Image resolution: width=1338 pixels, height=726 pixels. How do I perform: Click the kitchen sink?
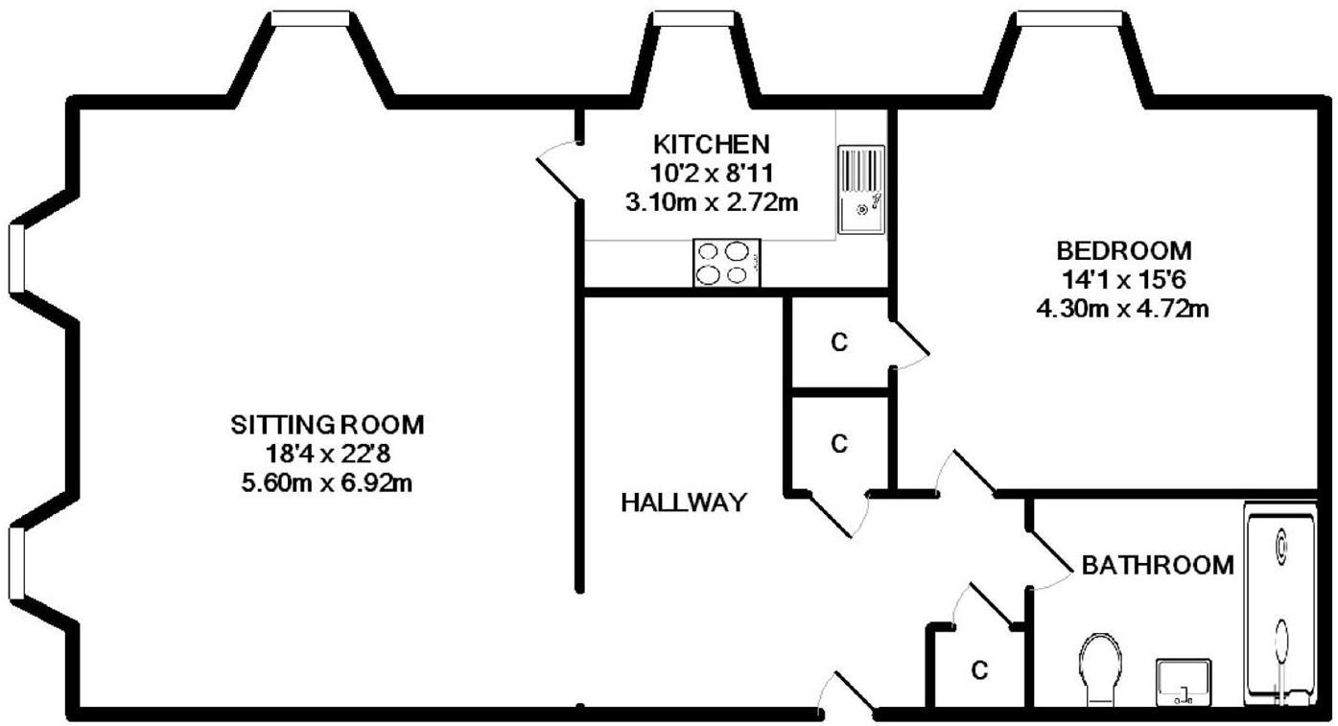[862, 189]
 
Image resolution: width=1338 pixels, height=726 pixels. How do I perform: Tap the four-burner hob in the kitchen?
[726, 263]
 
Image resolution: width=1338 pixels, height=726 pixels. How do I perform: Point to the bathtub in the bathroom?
[1280, 606]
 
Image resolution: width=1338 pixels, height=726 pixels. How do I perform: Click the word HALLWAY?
[683, 503]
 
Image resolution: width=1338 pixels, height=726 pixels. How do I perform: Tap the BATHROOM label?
[1157, 566]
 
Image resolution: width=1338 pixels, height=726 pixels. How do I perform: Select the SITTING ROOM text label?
[327, 424]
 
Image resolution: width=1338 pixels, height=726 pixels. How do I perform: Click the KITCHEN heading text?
[711, 145]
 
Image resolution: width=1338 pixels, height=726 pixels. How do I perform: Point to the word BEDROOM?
[1124, 251]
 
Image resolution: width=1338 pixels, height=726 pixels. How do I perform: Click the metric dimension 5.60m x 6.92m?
[327, 482]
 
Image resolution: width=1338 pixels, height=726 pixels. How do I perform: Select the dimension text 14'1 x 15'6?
[1124, 280]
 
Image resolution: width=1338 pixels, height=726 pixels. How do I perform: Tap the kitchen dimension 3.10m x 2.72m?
[711, 202]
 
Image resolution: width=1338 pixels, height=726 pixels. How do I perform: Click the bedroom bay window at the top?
[1069, 19]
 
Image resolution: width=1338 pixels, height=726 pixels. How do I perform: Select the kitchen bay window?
[693, 19]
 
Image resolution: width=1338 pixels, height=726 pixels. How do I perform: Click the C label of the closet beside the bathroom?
[978, 669]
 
